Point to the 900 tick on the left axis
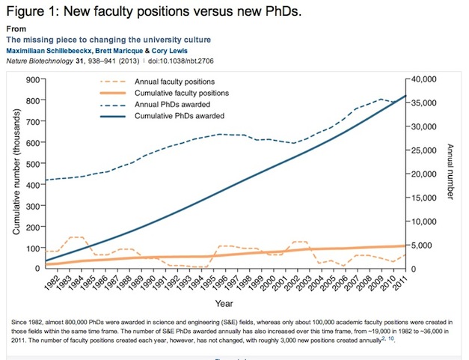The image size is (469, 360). click(33, 79)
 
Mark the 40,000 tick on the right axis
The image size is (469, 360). click(424, 79)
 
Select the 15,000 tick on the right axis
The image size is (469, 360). click(424, 198)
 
